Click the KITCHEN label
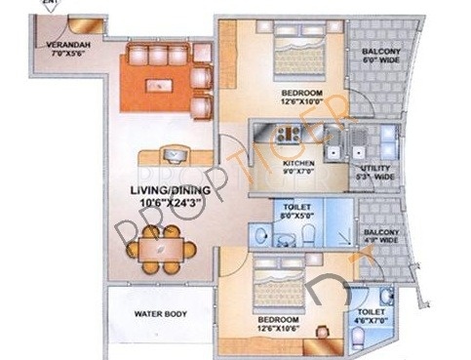298,164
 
